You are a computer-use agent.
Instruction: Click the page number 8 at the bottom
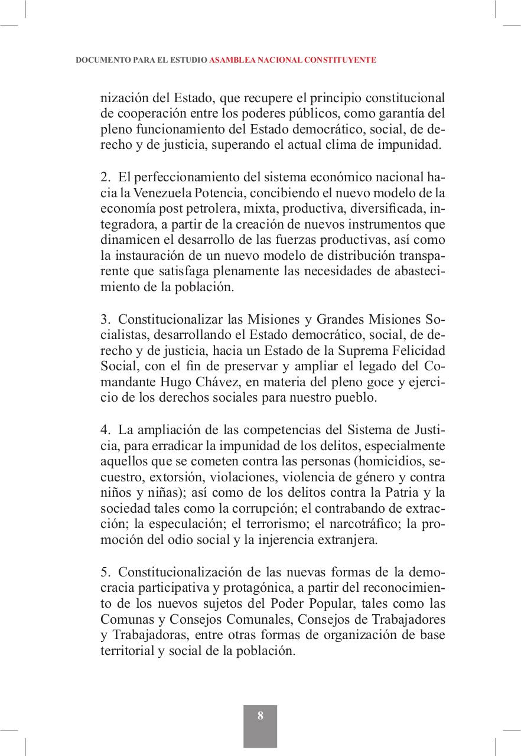coord(260,716)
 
